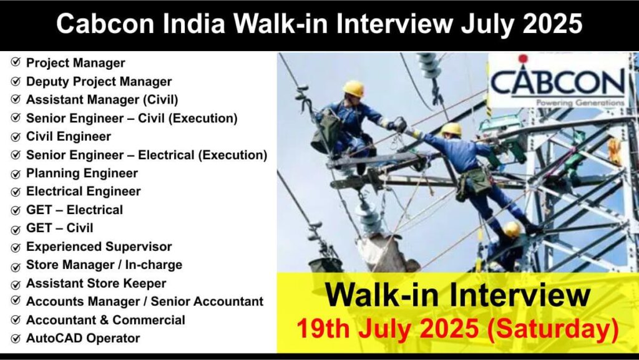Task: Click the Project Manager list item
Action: tap(76, 63)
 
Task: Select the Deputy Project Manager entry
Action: tap(99, 81)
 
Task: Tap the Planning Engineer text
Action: tap(82, 173)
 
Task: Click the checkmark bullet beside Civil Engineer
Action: tap(16, 137)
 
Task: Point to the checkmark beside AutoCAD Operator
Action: tap(16, 339)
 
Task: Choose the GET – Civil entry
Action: tap(59, 228)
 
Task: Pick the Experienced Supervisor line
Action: tap(99, 246)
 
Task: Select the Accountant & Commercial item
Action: tap(105, 320)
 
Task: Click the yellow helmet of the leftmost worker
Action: tap(354, 88)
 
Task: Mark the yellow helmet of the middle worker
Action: tap(451, 129)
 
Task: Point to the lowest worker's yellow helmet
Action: tap(512, 229)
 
